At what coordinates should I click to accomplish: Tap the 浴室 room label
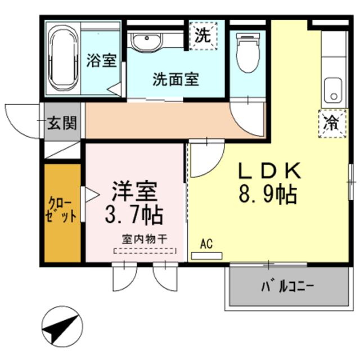[101, 60]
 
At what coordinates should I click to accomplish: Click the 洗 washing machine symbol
[202, 35]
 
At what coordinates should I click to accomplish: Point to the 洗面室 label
[175, 79]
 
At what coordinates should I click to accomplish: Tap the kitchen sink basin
[334, 89]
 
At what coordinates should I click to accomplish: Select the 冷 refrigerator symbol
[333, 123]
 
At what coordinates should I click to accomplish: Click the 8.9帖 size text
[268, 195]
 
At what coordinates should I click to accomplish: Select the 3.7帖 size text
[134, 214]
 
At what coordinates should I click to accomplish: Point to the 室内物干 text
[144, 238]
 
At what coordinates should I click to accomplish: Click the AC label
[206, 244]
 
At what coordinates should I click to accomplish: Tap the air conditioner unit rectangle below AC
[206, 256]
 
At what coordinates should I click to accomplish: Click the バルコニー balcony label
[287, 287]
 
